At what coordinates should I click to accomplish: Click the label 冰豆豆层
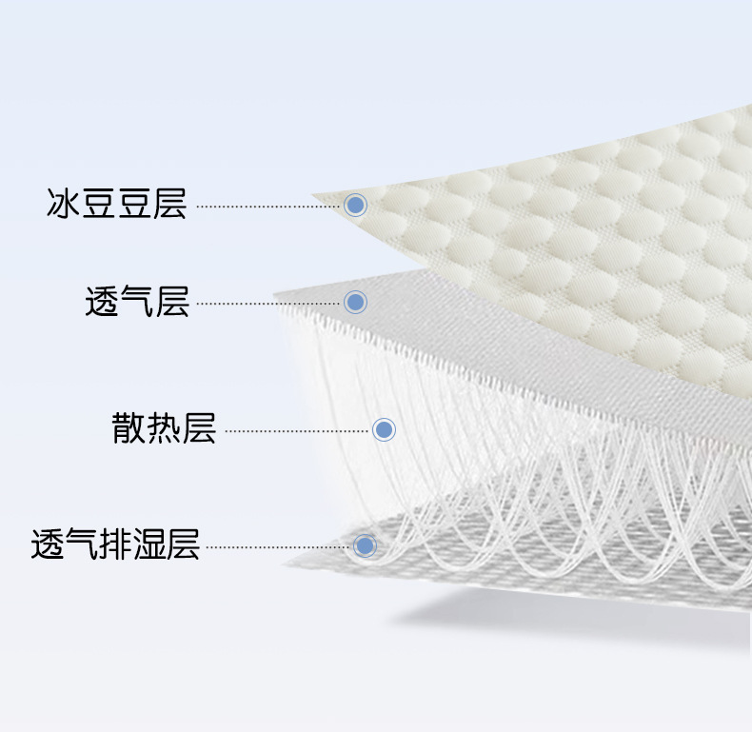pos(116,204)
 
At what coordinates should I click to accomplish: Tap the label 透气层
pos(137,302)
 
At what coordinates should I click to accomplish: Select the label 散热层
pos(164,429)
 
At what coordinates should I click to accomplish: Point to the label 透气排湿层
pos(115,545)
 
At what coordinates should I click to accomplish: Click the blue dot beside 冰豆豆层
pos(355,204)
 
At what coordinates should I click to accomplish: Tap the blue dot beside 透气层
pos(355,302)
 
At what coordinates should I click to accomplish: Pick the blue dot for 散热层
pos(384,429)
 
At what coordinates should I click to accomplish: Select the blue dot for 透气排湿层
pos(365,545)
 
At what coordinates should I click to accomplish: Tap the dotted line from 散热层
pos(295,430)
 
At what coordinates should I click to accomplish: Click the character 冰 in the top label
pos(61,204)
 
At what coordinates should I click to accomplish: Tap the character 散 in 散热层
pos(129,429)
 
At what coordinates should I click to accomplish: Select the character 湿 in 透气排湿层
pos(149,545)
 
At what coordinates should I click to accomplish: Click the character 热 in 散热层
pos(164,429)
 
